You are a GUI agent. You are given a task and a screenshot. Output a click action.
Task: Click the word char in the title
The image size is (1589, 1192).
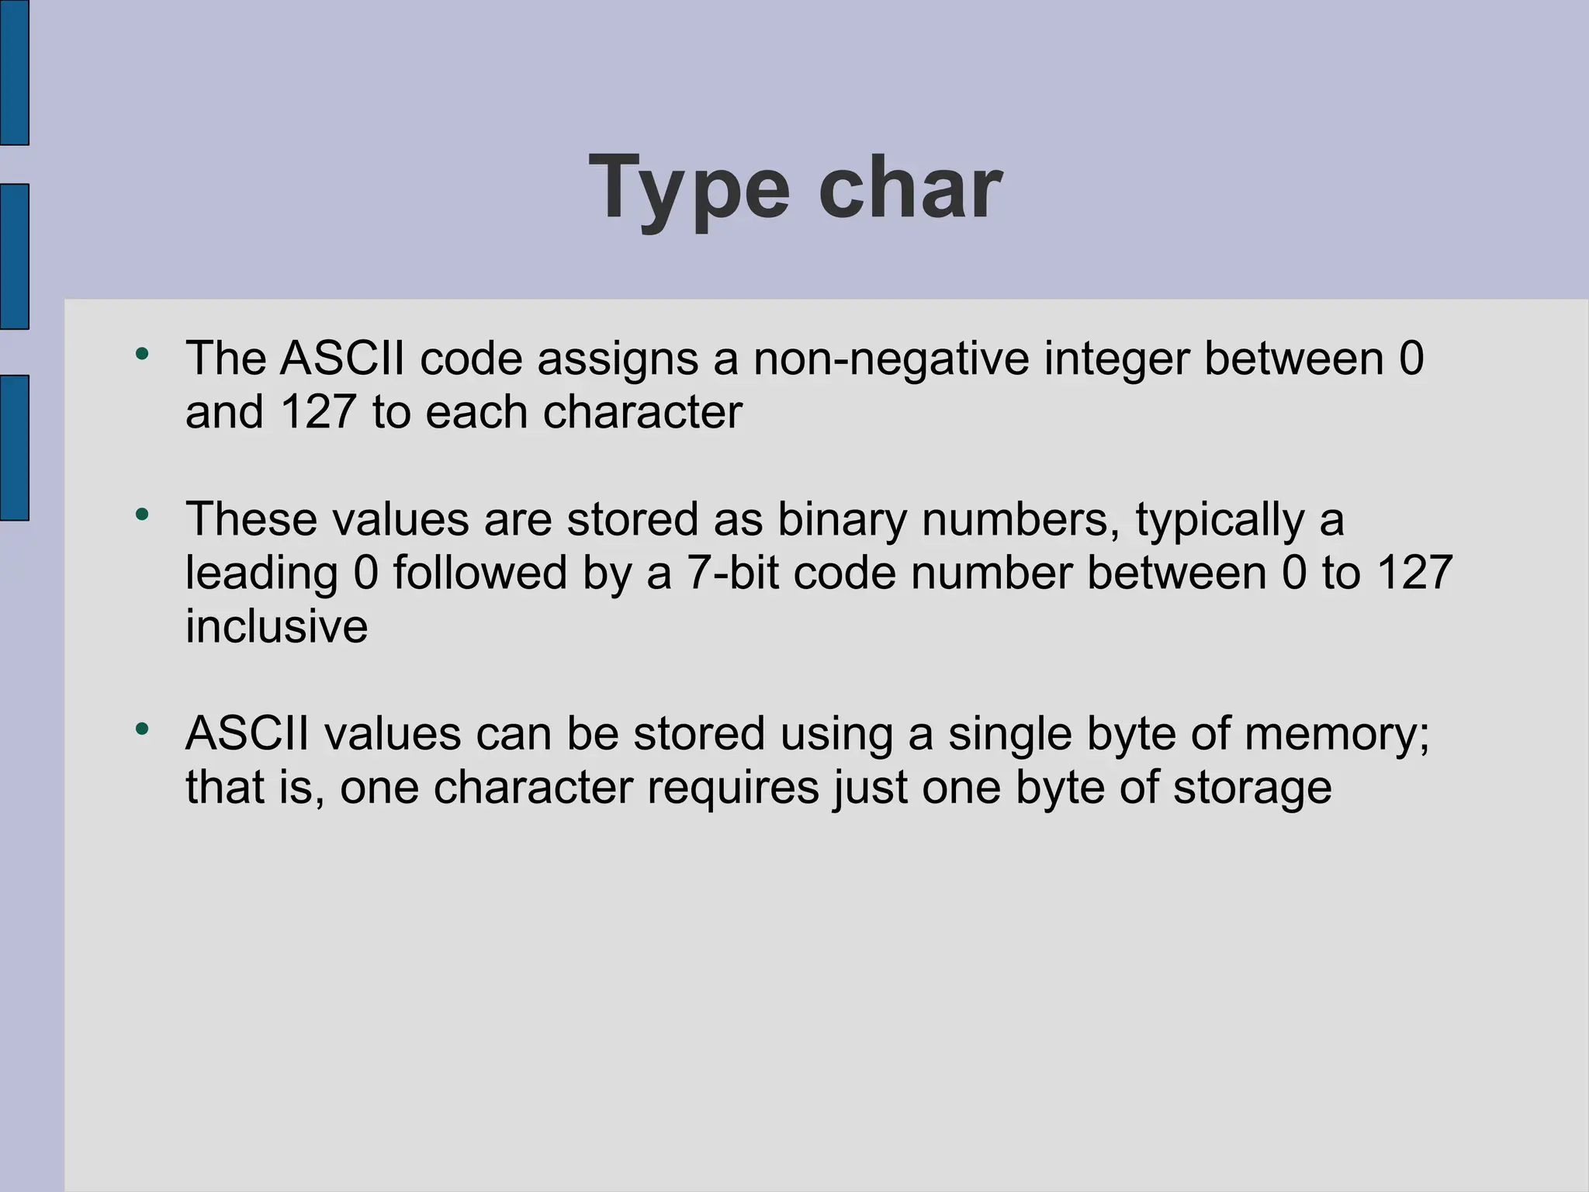pos(910,188)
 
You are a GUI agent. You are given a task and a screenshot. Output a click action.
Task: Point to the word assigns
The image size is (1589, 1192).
pos(618,360)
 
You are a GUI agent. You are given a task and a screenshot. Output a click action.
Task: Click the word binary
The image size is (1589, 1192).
pos(842,520)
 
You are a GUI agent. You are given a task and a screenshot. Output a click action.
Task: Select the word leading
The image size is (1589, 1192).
pos(261,574)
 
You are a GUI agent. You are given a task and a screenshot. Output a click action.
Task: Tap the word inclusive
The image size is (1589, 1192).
pos(276,625)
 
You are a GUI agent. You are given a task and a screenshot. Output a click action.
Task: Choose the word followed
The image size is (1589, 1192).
pos(479,573)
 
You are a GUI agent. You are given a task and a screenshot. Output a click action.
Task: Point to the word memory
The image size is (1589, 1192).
pos(1337,734)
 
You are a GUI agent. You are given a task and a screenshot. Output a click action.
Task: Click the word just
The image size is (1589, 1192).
pos(870,787)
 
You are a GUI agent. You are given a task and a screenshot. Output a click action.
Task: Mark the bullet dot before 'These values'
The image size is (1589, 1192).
pos(141,515)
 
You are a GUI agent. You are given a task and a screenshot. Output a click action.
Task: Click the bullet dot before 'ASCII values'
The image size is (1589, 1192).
pos(141,729)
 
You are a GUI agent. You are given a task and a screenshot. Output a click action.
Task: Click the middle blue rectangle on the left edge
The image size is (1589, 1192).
pos(14,256)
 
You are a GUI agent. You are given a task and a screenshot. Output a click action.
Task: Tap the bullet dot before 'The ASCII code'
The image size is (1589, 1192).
pos(141,354)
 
